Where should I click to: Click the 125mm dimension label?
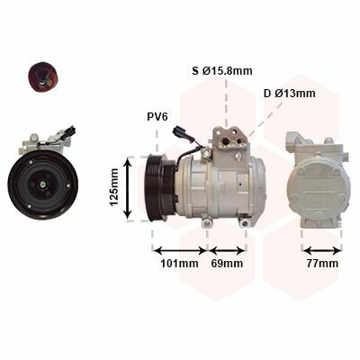coord(114,187)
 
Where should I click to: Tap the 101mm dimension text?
coord(179,264)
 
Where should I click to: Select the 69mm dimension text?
coord(227,264)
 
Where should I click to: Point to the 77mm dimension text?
coord(322,264)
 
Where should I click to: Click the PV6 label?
coord(157,117)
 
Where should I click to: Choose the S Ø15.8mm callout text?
coord(222,71)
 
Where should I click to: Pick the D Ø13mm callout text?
coord(290,94)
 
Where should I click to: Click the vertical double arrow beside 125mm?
coord(128,188)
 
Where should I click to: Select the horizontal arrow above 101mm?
coord(180,250)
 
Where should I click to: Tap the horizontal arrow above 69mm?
coord(227,250)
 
